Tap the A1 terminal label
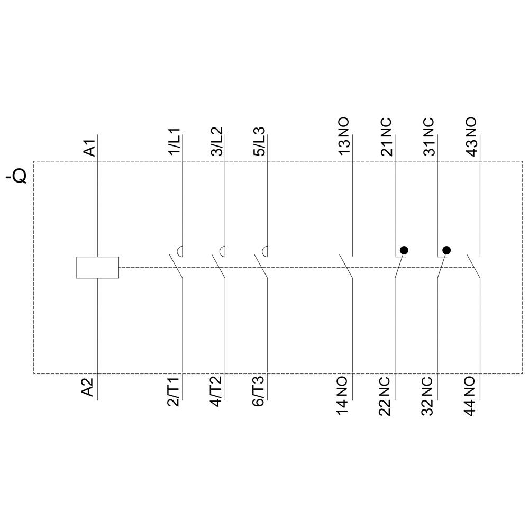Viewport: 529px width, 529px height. point(90,147)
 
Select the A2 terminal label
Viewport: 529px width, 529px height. point(88,387)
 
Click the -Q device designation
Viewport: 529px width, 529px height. point(16,175)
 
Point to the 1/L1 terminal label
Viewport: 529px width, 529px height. point(175,142)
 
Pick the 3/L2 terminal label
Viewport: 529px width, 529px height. point(217,141)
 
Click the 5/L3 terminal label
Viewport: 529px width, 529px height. point(259,142)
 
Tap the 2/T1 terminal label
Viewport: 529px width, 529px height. point(174,391)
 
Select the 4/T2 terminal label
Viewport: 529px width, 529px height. point(216,391)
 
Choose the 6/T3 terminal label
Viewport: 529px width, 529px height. point(259,391)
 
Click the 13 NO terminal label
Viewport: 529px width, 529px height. point(344,136)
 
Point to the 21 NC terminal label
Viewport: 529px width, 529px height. point(387,136)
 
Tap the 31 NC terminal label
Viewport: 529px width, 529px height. point(429,136)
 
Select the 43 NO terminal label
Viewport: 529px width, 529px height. point(472,136)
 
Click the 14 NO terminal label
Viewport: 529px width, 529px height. point(342,396)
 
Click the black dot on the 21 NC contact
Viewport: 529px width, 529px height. point(404,250)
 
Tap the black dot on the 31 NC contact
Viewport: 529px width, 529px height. point(446,250)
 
